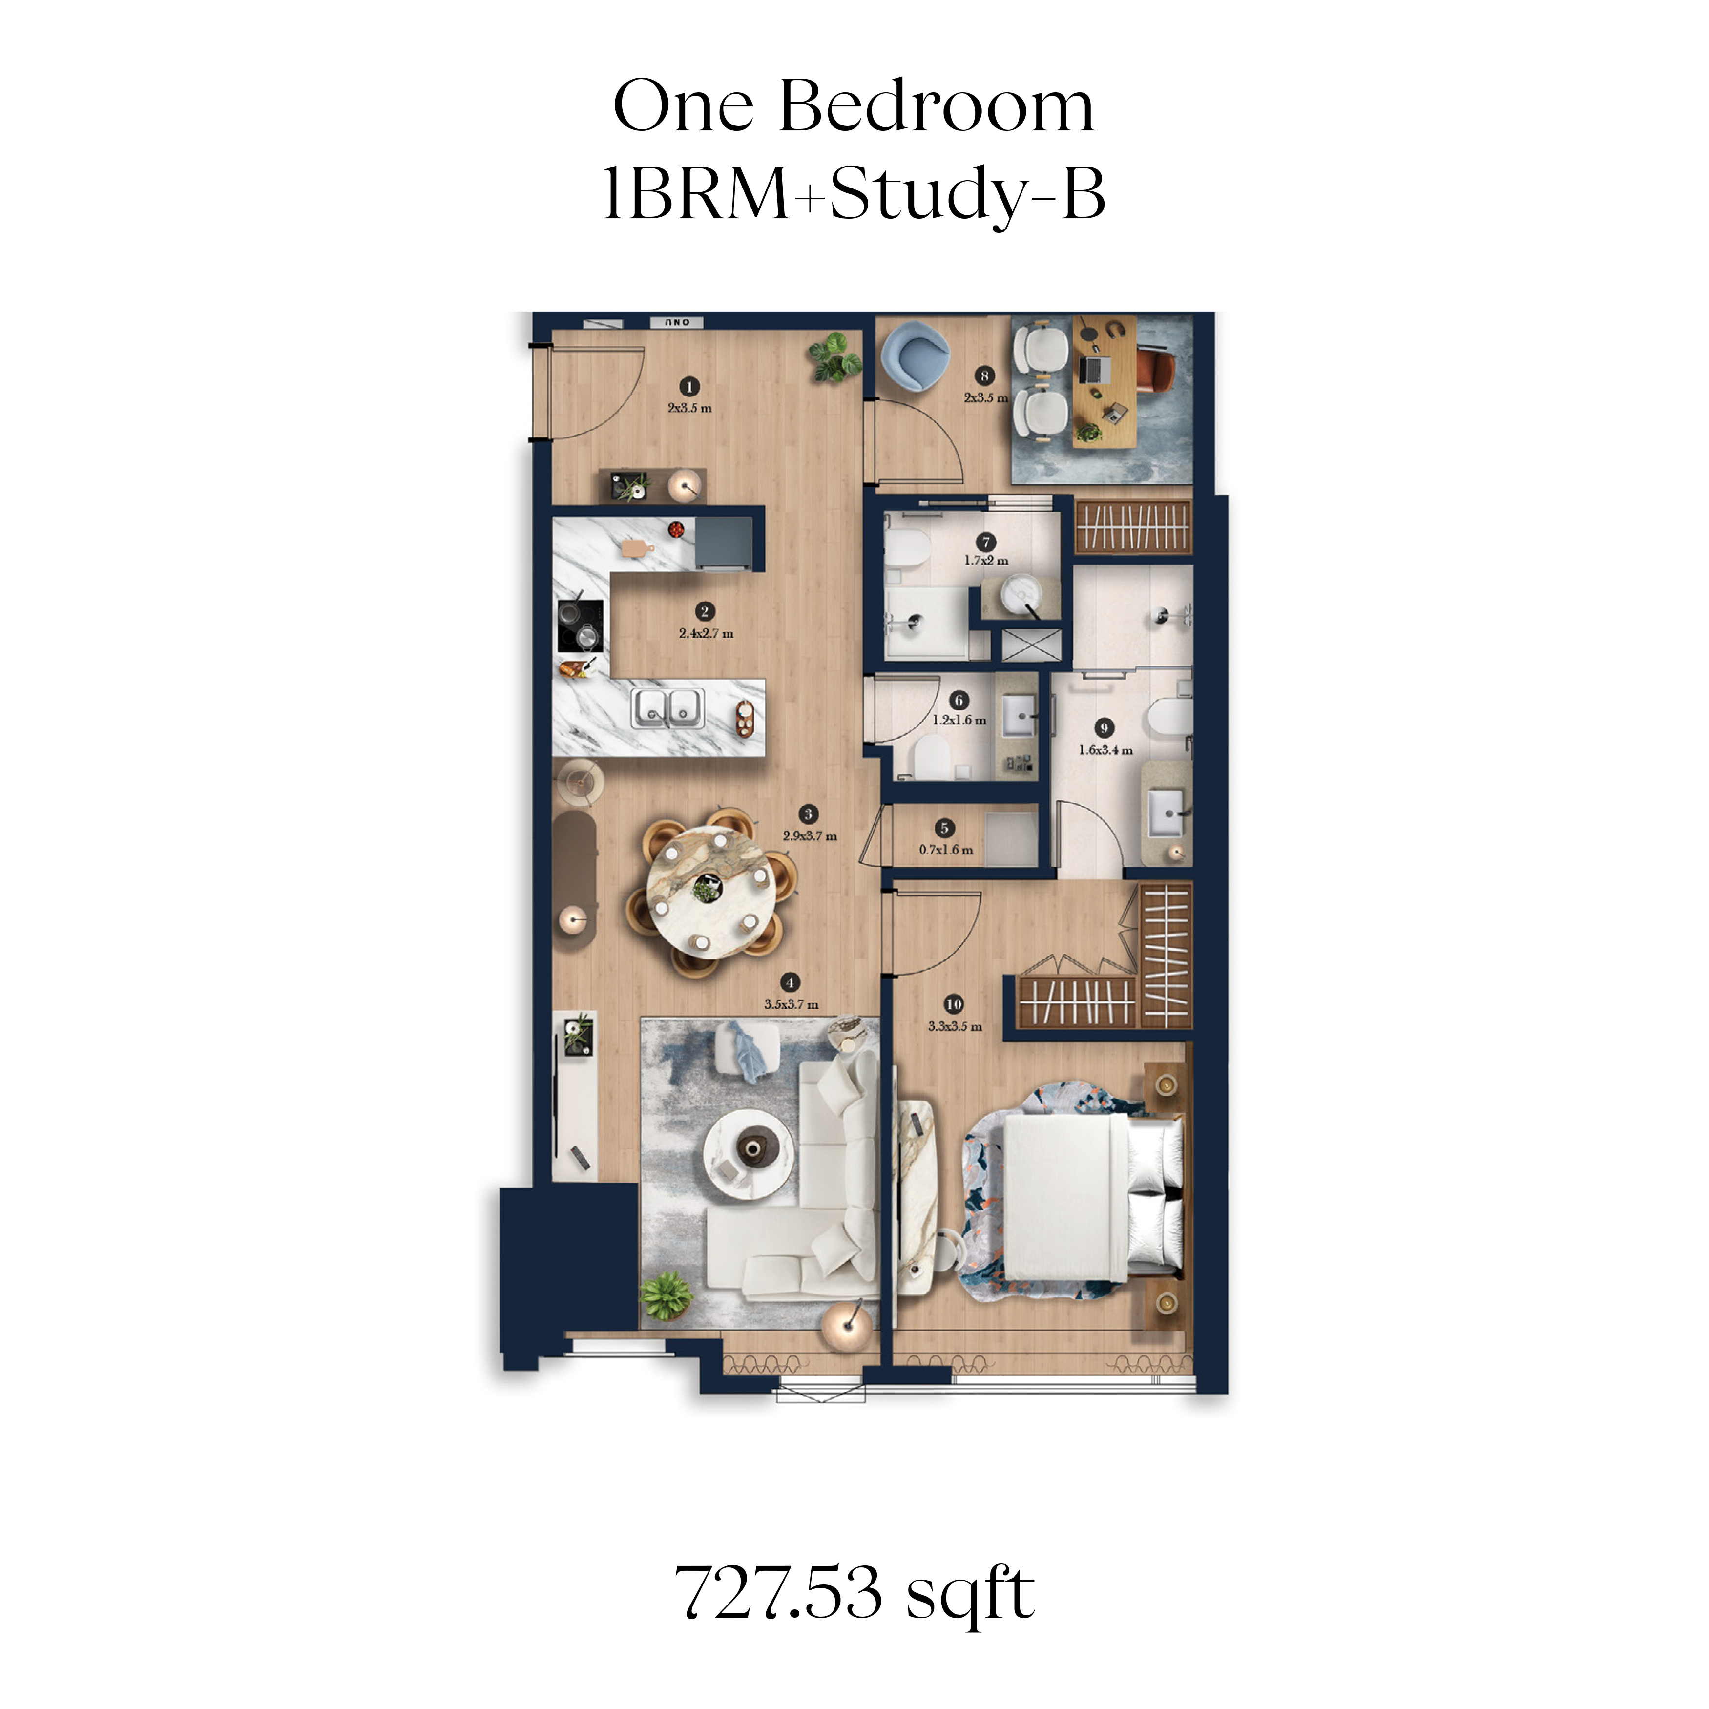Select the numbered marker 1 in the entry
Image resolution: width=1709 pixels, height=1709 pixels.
689,387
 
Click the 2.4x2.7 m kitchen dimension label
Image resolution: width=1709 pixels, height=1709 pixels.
706,633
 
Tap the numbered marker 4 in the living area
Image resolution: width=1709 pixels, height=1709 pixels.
790,982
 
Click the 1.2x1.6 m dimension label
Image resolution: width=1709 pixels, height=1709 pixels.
959,720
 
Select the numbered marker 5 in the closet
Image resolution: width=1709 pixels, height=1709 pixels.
945,828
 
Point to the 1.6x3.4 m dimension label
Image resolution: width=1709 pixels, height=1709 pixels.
1105,750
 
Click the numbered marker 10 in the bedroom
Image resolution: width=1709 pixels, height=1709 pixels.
954,1004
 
